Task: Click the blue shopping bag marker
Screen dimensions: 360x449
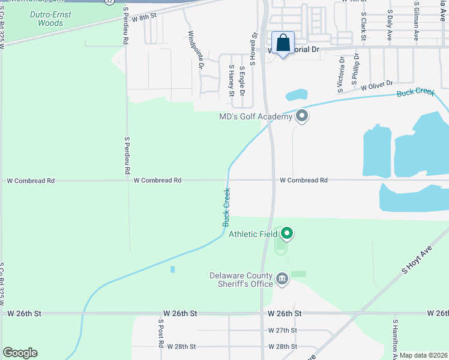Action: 283,43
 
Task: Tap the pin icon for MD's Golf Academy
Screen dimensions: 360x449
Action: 302,116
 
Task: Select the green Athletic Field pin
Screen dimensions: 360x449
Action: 287,233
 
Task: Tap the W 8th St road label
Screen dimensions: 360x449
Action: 144,17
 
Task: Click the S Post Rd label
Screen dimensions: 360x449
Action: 161,333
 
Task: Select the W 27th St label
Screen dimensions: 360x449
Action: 283,331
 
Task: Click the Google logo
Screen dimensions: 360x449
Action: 20,353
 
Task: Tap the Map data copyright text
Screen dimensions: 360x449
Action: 423,355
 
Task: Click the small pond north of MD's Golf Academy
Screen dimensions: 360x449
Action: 297,95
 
